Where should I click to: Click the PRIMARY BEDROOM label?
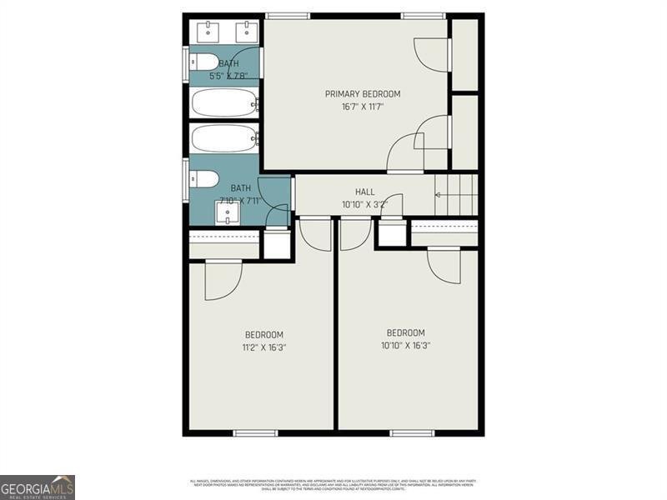click(x=363, y=94)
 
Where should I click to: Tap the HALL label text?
click(x=365, y=192)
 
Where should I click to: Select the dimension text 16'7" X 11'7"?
click(x=363, y=107)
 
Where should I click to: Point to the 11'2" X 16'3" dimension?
click(x=264, y=347)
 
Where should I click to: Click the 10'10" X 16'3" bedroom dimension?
click(x=406, y=345)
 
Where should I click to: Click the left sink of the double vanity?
click(x=208, y=32)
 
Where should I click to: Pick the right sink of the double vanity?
click(x=246, y=32)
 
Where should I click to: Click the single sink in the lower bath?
click(x=228, y=215)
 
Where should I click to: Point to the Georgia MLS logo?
click(x=38, y=487)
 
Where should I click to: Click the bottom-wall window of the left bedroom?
click(x=255, y=432)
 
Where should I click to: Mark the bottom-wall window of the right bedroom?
click(x=412, y=432)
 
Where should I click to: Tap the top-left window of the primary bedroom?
click(x=288, y=15)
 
